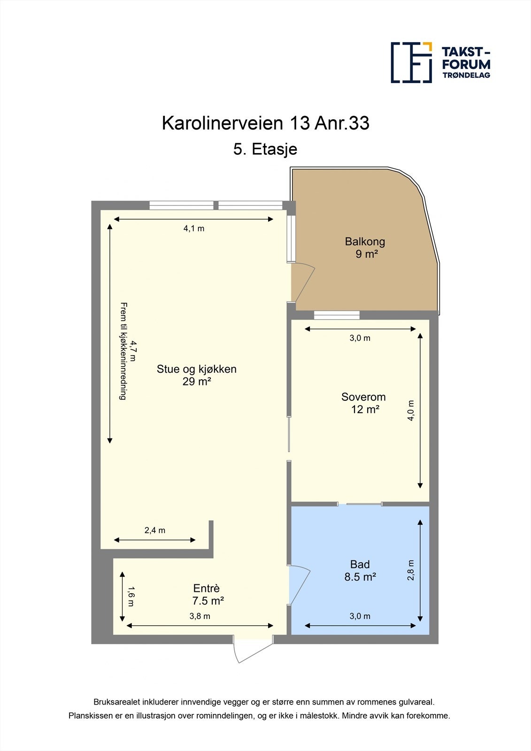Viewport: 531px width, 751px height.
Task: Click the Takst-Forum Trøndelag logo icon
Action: (x=411, y=62)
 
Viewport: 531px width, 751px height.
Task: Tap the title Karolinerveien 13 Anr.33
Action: (x=265, y=123)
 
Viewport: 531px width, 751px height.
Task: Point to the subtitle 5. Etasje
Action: (x=265, y=149)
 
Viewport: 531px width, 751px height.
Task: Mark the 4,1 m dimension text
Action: (x=194, y=229)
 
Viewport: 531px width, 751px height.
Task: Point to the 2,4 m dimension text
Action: (x=155, y=530)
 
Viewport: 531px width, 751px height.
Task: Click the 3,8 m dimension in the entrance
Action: (x=200, y=616)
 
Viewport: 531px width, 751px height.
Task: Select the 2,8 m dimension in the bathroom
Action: (x=411, y=570)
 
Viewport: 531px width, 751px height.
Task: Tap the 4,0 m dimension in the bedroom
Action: (x=411, y=410)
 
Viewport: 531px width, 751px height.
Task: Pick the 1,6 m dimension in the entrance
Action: (x=131, y=596)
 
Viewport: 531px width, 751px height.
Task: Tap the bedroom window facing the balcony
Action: (x=337, y=315)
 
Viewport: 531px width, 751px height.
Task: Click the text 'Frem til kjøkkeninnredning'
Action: (x=123, y=351)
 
